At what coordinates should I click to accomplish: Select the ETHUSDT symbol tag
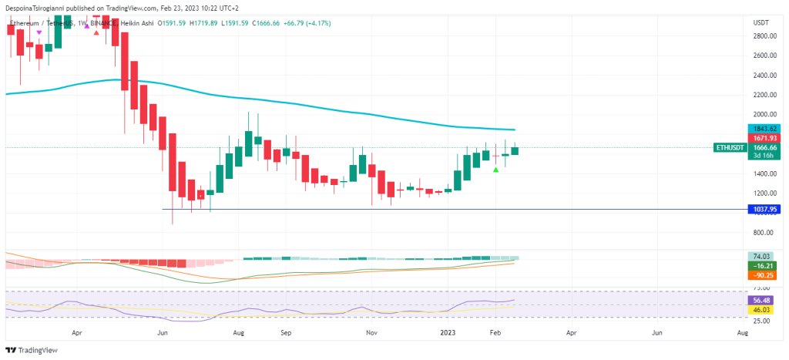(730, 147)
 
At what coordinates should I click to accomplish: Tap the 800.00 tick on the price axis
(762, 233)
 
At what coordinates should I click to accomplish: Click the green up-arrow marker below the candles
(496, 169)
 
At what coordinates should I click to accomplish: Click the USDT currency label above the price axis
(760, 23)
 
